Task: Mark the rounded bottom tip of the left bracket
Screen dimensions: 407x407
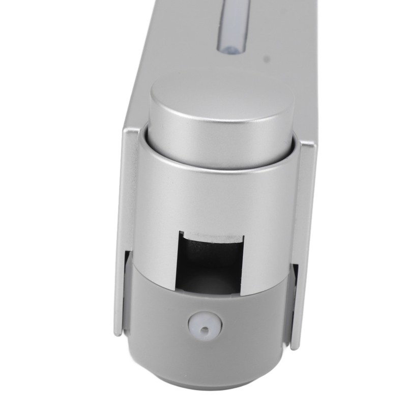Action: click(x=117, y=333)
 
